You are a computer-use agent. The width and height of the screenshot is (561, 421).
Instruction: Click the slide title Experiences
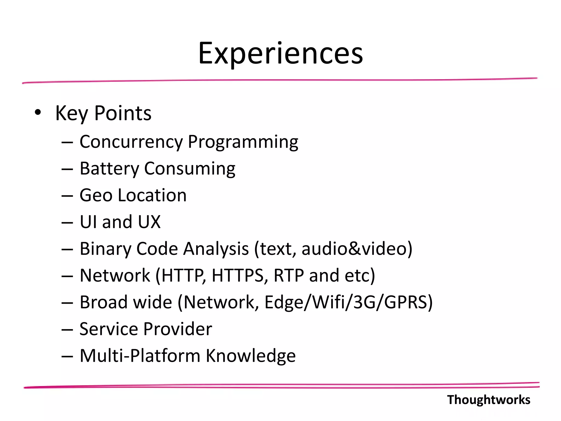tap(280, 53)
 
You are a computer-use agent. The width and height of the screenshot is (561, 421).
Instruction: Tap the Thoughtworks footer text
tap(488, 400)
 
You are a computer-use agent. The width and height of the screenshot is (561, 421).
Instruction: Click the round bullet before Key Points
tap(38, 112)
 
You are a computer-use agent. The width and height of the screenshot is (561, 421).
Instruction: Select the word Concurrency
tap(131, 142)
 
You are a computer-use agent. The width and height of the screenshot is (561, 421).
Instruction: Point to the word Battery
tap(109, 168)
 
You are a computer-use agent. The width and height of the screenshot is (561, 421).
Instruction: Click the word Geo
tap(96, 195)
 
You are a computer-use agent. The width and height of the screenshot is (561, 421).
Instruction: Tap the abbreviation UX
tap(149, 222)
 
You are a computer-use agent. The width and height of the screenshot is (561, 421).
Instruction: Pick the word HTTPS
tap(238, 275)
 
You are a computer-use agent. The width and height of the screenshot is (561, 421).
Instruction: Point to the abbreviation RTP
tap(288, 275)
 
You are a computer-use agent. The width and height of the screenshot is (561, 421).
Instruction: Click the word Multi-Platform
tap(140, 355)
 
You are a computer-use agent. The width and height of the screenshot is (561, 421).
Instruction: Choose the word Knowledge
tap(251, 355)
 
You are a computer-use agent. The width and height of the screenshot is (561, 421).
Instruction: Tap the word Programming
tap(243, 142)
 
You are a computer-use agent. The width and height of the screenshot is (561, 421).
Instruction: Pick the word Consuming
tap(190, 168)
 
